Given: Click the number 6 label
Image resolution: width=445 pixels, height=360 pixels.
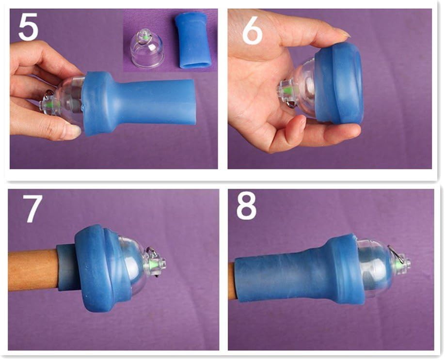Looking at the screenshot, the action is pos(252,30).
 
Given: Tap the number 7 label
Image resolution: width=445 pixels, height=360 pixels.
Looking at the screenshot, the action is pos(32,208).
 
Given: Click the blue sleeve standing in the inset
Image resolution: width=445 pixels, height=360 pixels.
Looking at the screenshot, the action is pos(191,41).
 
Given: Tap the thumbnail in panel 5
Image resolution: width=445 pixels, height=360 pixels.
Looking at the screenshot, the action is pos(76,130).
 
